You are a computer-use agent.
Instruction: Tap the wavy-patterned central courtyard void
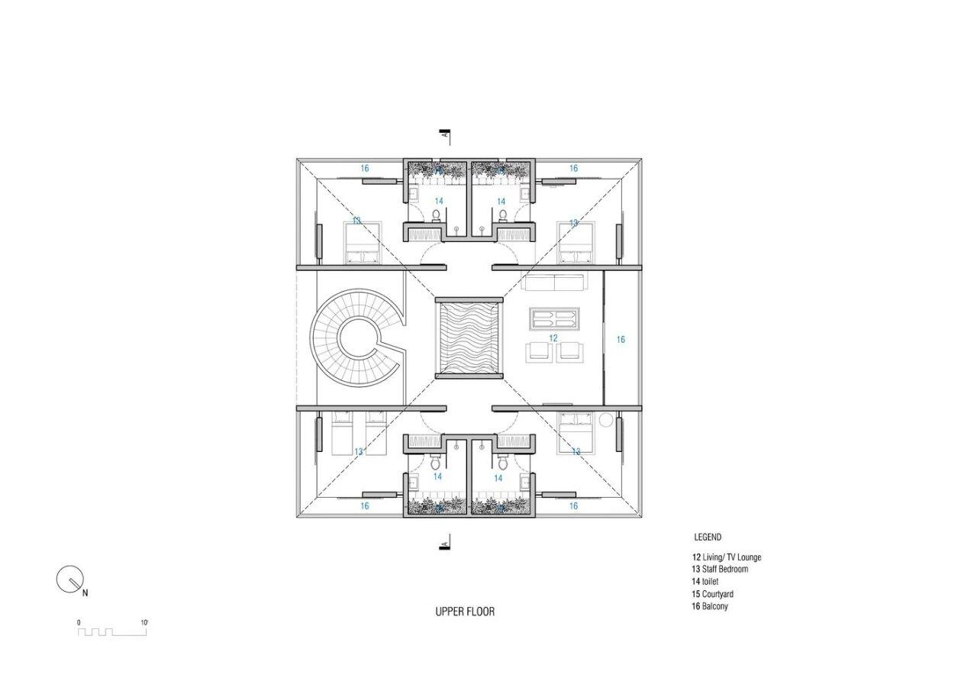click(x=469, y=338)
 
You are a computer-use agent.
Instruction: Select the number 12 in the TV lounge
click(x=553, y=338)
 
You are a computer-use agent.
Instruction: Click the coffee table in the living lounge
click(x=555, y=319)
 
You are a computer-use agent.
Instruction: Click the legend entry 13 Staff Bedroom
click(x=720, y=569)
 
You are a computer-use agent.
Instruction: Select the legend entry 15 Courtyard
click(x=713, y=594)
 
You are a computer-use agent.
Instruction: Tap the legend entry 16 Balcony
click(x=710, y=606)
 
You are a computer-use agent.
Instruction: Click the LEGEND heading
click(x=708, y=537)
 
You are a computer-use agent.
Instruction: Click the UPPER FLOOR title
click(x=465, y=612)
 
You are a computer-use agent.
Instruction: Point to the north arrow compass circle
click(x=69, y=579)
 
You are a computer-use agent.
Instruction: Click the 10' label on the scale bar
click(x=144, y=622)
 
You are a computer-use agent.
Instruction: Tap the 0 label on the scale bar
click(x=79, y=622)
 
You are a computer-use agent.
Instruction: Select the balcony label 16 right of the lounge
click(x=621, y=339)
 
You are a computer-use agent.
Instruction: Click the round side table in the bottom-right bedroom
click(x=607, y=420)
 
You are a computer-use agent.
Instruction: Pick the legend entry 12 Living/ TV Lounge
click(x=727, y=557)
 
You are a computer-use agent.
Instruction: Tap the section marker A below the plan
click(x=445, y=544)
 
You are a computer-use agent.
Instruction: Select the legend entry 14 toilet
click(x=705, y=582)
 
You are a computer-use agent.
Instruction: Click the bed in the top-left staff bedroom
click(x=363, y=243)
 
